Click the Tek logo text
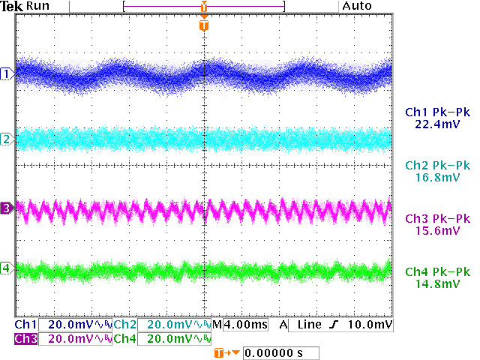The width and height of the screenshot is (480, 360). pyautogui.click(x=13, y=6)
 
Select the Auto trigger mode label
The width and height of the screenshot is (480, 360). pyautogui.click(x=357, y=6)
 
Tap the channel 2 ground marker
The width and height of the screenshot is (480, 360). pyautogui.click(x=7, y=139)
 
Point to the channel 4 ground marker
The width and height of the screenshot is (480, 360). pyautogui.click(x=7, y=268)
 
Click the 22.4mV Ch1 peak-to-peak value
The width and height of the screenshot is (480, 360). pyautogui.click(x=436, y=124)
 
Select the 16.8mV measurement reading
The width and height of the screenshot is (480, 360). pyautogui.click(x=436, y=178)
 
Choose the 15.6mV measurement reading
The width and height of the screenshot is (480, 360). pyautogui.click(x=436, y=231)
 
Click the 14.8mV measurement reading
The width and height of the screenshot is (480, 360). pyautogui.click(x=436, y=284)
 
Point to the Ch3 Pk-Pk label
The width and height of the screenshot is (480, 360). pyautogui.click(x=436, y=219)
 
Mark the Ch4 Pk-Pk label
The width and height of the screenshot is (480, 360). pyautogui.click(x=436, y=272)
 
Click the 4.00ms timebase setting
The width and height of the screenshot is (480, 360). pyautogui.click(x=244, y=325)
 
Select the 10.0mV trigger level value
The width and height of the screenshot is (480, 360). pyautogui.click(x=371, y=325)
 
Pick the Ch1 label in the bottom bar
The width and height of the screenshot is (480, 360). pyautogui.click(x=25, y=325)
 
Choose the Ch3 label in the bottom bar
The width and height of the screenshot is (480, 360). pyautogui.click(x=25, y=339)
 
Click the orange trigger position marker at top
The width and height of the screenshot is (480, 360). pyautogui.click(x=204, y=25)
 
